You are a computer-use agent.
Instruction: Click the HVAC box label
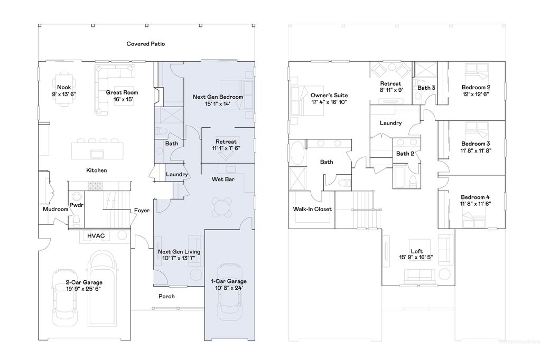96,236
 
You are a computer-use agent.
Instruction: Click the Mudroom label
55,209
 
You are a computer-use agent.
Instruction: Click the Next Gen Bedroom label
218,97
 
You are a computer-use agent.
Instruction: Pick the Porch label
166,296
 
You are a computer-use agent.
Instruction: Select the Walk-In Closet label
312,209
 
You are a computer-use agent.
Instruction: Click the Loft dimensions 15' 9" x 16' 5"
417,258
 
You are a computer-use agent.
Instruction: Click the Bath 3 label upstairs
426,88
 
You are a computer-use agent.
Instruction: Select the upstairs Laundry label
390,123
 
